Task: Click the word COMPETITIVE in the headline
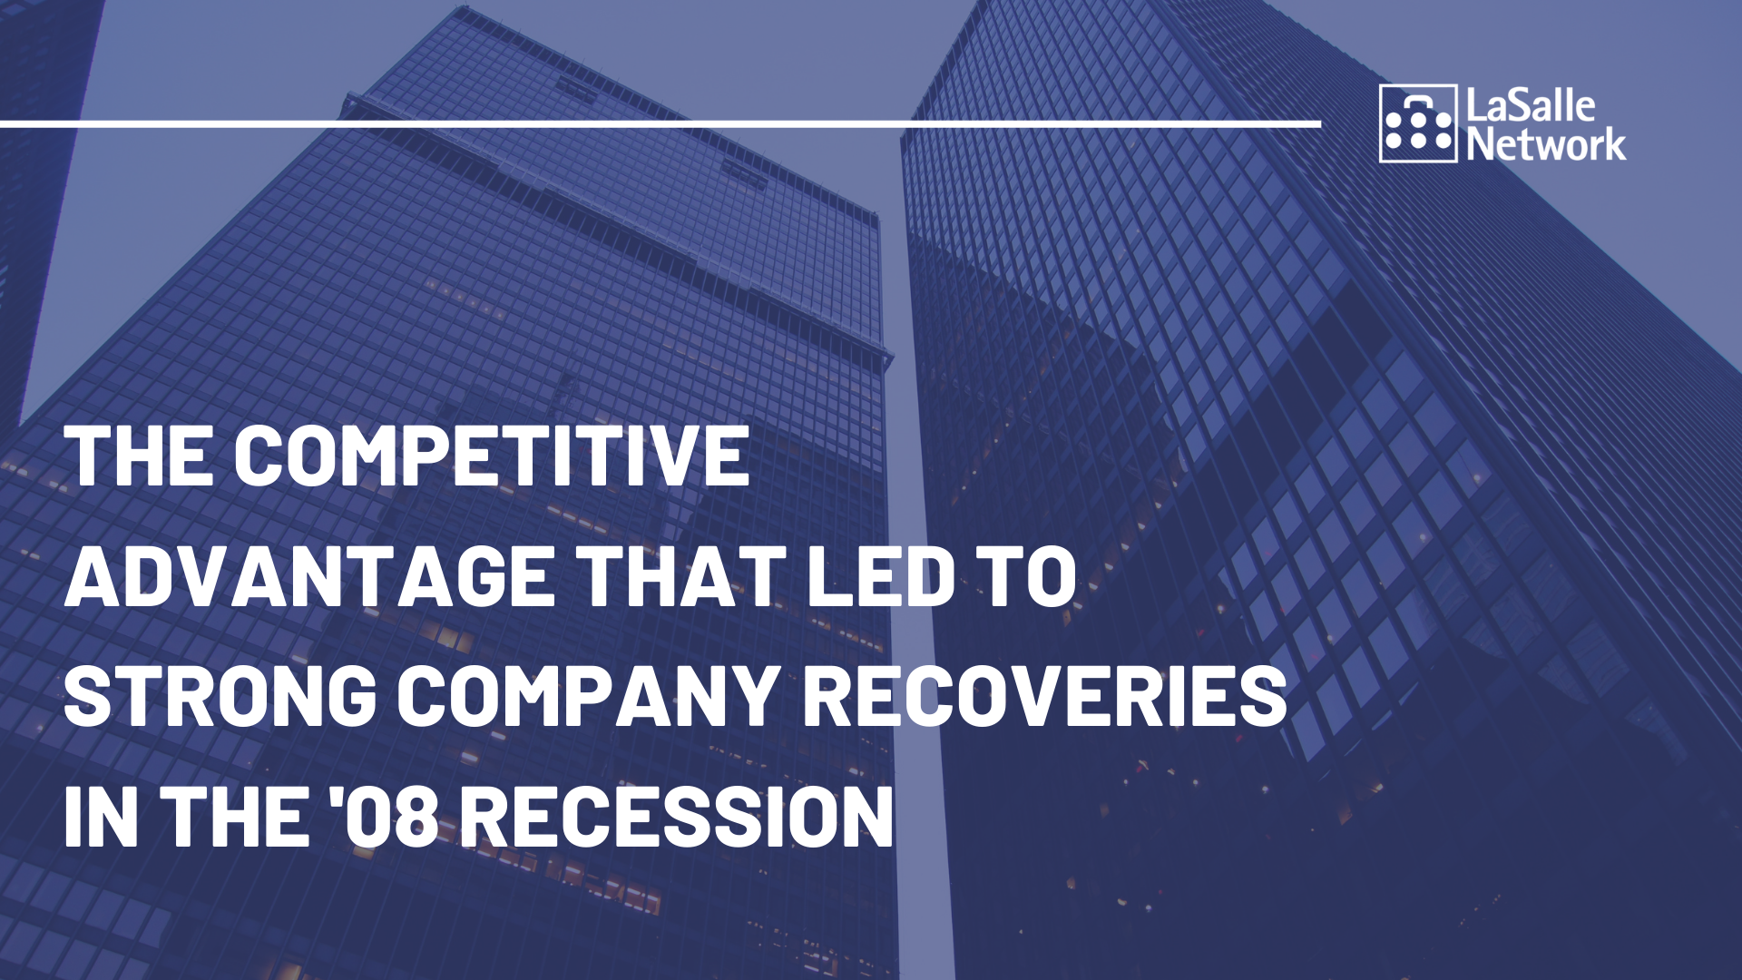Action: pyautogui.click(x=492, y=456)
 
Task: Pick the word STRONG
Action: pyautogui.click(x=220, y=696)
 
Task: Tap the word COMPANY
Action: pyautogui.click(x=588, y=696)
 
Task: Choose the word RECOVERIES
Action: pyautogui.click(x=1044, y=696)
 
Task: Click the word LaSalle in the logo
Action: pyautogui.click(x=1531, y=106)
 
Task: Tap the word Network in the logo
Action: pyautogui.click(x=1546, y=143)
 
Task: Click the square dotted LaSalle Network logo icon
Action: pyautogui.click(x=1418, y=123)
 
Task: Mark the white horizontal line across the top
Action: pyautogui.click(x=661, y=123)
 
